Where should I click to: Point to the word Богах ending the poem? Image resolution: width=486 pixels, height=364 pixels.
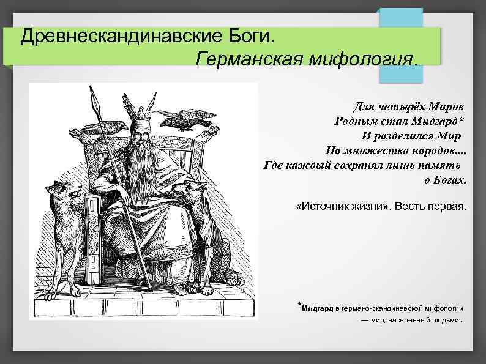point(450,180)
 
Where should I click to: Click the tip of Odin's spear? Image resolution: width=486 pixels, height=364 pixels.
point(94,95)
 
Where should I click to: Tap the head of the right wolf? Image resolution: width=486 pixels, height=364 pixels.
point(190,190)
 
